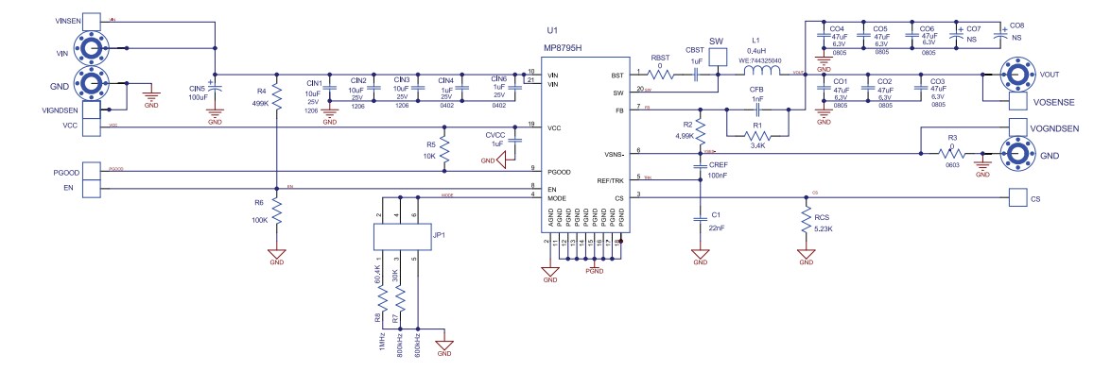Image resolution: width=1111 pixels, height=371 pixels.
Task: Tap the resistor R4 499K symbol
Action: [x=276, y=93]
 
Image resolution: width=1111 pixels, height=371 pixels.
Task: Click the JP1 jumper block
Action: [x=398, y=237]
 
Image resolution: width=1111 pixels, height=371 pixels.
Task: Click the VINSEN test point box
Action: [x=92, y=20]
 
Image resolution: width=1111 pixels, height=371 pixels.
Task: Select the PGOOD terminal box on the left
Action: [x=92, y=171]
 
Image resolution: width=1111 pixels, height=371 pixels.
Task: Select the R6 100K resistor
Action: [x=276, y=208]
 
